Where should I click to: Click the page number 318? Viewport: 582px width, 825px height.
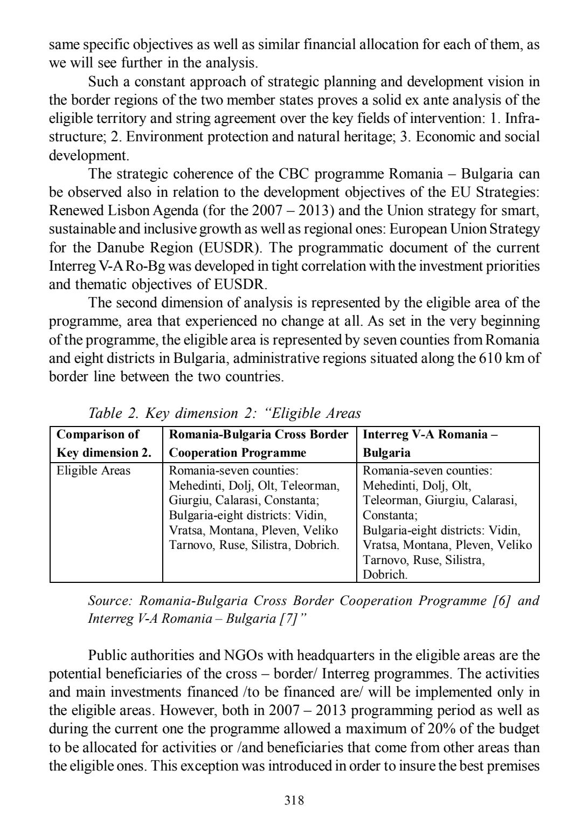(294, 800)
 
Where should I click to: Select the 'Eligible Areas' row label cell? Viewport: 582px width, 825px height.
(94, 471)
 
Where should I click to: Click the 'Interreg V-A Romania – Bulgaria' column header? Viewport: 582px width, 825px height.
(429, 443)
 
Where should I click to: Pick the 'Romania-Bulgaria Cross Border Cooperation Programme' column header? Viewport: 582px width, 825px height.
(259, 443)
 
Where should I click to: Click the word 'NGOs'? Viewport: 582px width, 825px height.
(242, 655)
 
